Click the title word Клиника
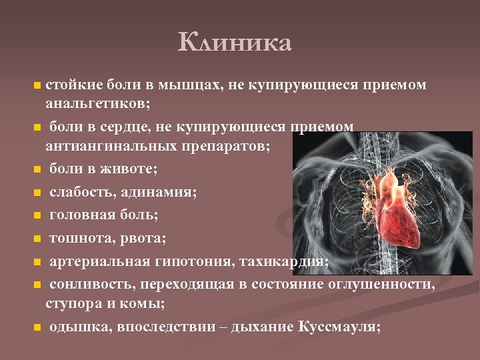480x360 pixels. [235, 43]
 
